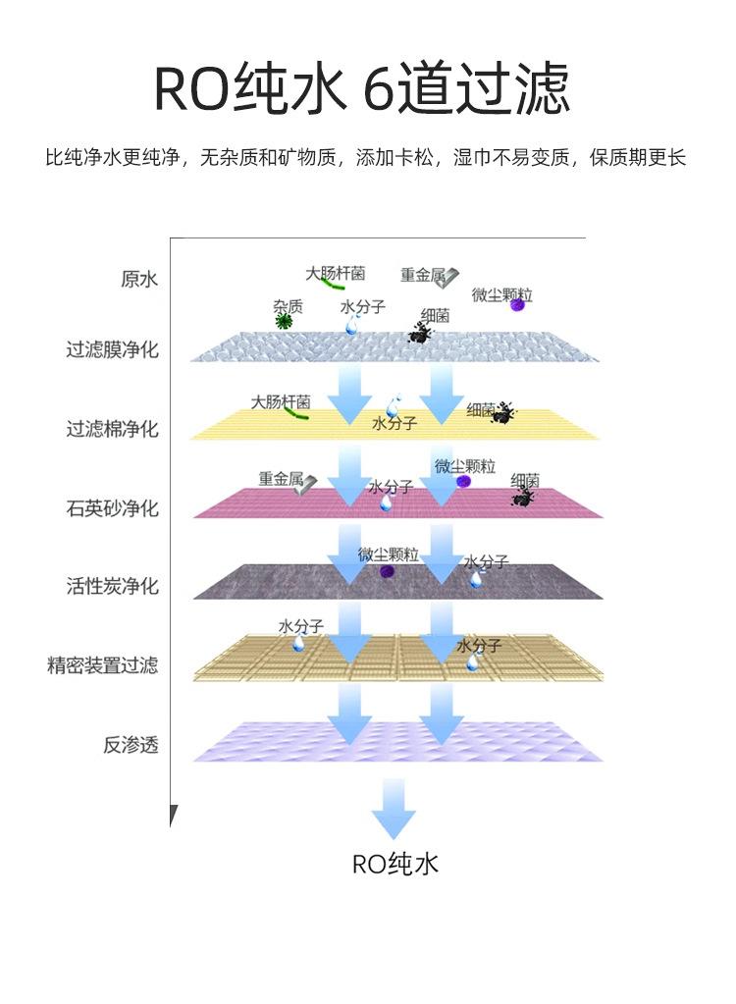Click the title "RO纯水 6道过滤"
click(x=361, y=87)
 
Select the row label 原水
click(x=139, y=279)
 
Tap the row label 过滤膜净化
click(x=112, y=349)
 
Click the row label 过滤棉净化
click(x=112, y=428)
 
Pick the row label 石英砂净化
click(x=112, y=508)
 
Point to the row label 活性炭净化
click(x=112, y=586)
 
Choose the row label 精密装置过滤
click(x=102, y=665)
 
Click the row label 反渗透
click(x=131, y=745)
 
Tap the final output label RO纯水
click(x=394, y=864)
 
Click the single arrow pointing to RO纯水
click(x=393, y=809)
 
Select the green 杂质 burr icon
click(x=283, y=321)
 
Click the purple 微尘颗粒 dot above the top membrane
click(x=517, y=305)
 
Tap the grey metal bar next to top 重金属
click(x=449, y=276)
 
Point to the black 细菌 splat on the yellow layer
click(x=503, y=413)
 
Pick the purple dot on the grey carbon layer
click(x=386, y=572)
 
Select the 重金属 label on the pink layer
click(x=281, y=478)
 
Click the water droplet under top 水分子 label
click(x=351, y=326)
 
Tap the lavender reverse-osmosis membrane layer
click(x=398, y=742)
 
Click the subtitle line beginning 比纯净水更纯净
click(x=365, y=157)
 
